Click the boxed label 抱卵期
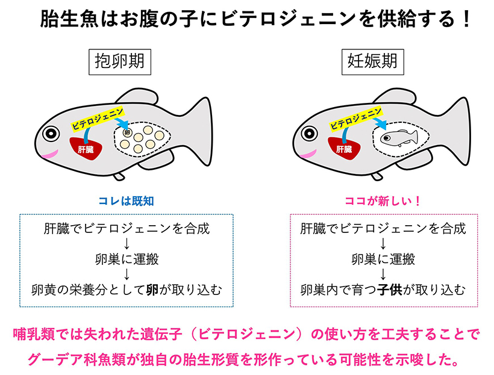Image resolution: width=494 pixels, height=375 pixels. tap(120, 62)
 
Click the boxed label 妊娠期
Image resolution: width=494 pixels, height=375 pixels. tap(373, 62)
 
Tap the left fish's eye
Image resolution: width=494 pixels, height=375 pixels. tap(51, 134)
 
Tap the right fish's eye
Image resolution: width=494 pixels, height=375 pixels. tap(309, 134)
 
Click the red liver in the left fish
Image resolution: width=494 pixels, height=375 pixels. tap(86, 148)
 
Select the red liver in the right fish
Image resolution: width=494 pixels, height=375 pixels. tap(344, 148)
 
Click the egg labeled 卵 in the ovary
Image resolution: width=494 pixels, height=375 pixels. tap(127, 132)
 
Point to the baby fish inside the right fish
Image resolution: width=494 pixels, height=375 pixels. tap(399, 138)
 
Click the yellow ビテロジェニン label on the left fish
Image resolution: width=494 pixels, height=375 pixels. tap(98, 119)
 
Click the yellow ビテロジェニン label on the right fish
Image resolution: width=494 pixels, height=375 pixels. tap(355, 119)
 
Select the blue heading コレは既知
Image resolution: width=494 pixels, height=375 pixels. tap(126, 201)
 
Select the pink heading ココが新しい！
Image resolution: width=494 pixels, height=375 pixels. tap(383, 201)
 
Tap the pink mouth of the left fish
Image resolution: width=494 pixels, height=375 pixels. tap(49, 155)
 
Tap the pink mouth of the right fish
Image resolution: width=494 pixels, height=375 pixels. tap(308, 154)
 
